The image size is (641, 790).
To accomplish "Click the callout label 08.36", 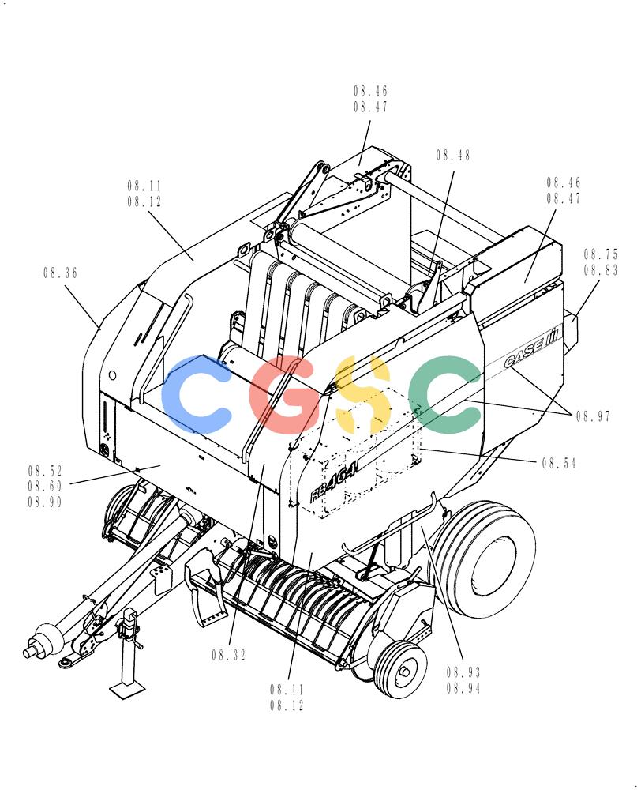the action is click(x=61, y=273).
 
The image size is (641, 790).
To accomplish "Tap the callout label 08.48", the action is click(x=453, y=155).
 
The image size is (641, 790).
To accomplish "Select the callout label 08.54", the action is click(x=559, y=463).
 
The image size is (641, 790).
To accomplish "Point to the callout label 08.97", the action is click(x=593, y=416).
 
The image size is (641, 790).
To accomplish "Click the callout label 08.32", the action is click(x=229, y=655).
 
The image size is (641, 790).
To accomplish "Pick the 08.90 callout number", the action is click(x=45, y=502).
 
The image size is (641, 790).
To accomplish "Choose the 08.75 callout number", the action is click(x=601, y=254).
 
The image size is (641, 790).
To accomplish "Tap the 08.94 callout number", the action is click(x=463, y=688).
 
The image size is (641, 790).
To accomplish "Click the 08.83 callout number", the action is click(x=601, y=270).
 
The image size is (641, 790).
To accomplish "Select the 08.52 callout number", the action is click(x=45, y=471).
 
